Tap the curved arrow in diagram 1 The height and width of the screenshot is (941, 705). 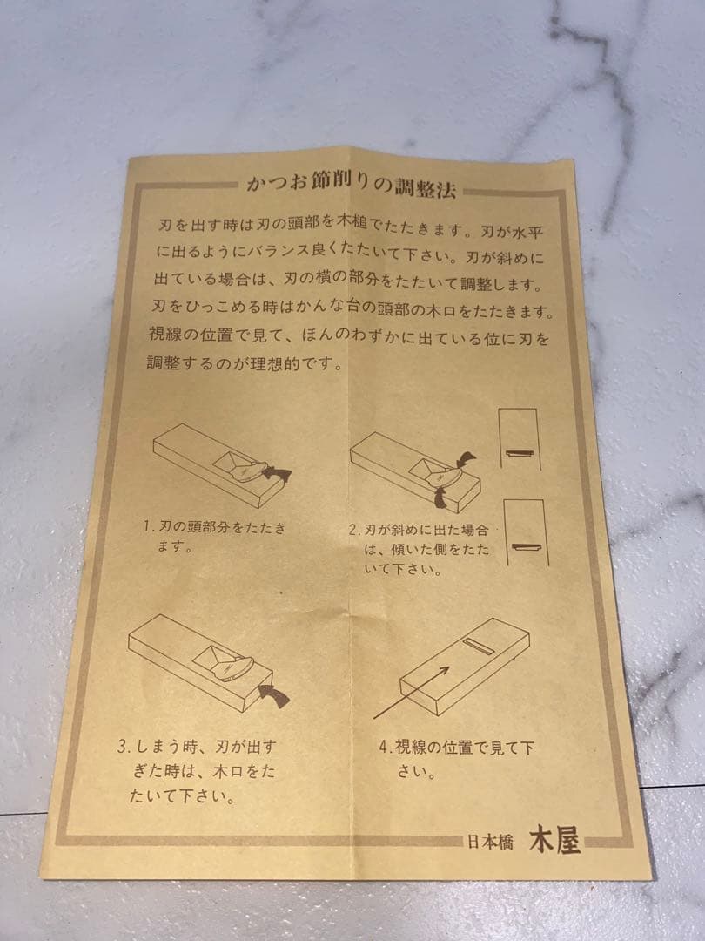point(276,470)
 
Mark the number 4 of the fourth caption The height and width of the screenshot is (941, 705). point(384,748)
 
